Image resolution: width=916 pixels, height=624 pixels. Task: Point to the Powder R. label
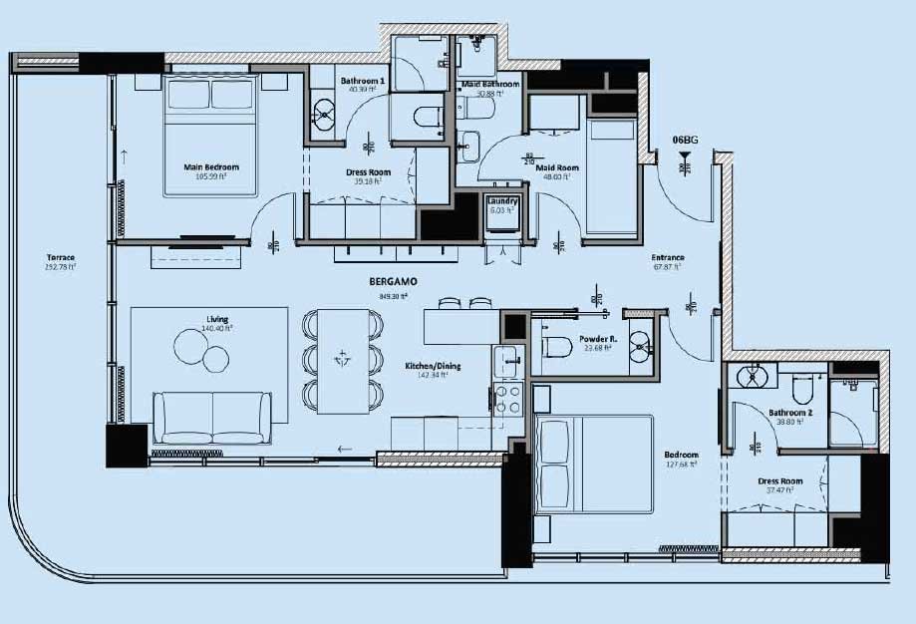point(600,338)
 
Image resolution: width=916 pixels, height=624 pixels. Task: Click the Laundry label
point(500,202)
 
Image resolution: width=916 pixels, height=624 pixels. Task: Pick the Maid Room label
point(557,167)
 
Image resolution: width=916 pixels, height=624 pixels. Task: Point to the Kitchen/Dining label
point(426,366)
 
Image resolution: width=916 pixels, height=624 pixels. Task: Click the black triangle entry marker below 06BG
point(684,156)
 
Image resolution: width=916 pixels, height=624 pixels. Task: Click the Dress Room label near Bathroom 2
point(780,481)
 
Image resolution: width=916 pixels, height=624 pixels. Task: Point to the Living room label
point(217,319)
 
